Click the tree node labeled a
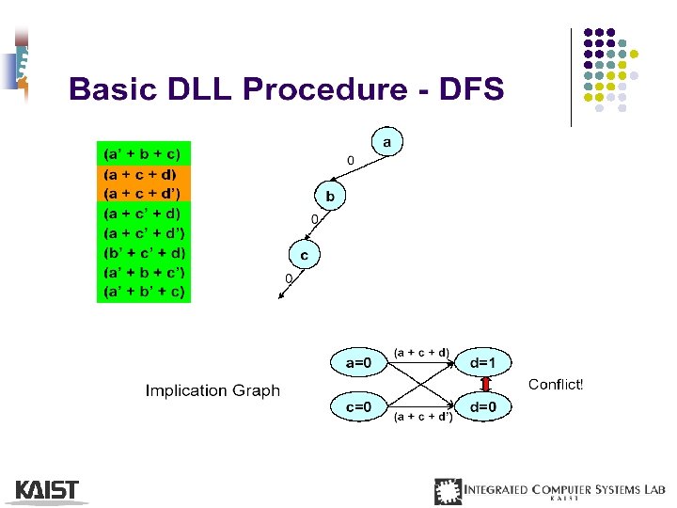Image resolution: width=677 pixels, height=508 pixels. coord(386,141)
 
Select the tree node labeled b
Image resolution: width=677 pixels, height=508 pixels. coord(330,198)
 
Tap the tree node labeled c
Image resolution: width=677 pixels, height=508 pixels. coord(304,255)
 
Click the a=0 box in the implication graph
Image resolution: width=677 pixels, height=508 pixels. coord(360,361)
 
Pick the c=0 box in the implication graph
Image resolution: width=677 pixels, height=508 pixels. coord(360,406)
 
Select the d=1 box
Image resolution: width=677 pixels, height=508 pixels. coord(489,361)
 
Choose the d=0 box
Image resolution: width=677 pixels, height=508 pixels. coord(489,406)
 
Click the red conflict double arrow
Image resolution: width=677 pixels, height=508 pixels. coord(486,384)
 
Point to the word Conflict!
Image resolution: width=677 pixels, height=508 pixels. coord(556,385)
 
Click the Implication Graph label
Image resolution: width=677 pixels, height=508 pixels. coord(213,390)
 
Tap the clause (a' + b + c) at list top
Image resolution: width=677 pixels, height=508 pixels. coord(144,153)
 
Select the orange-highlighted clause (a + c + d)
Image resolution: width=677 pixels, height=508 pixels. coord(144,174)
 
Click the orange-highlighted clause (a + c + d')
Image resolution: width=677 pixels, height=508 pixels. coord(145,193)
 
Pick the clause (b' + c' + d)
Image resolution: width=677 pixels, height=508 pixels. coord(145,252)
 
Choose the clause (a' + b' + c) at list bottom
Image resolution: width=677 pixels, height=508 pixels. coord(145,291)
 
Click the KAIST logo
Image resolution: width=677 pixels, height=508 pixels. coord(47,490)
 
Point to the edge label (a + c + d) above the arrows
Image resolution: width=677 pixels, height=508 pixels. coord(420,353)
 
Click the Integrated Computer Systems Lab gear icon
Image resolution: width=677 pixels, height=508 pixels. coord(448,491)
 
